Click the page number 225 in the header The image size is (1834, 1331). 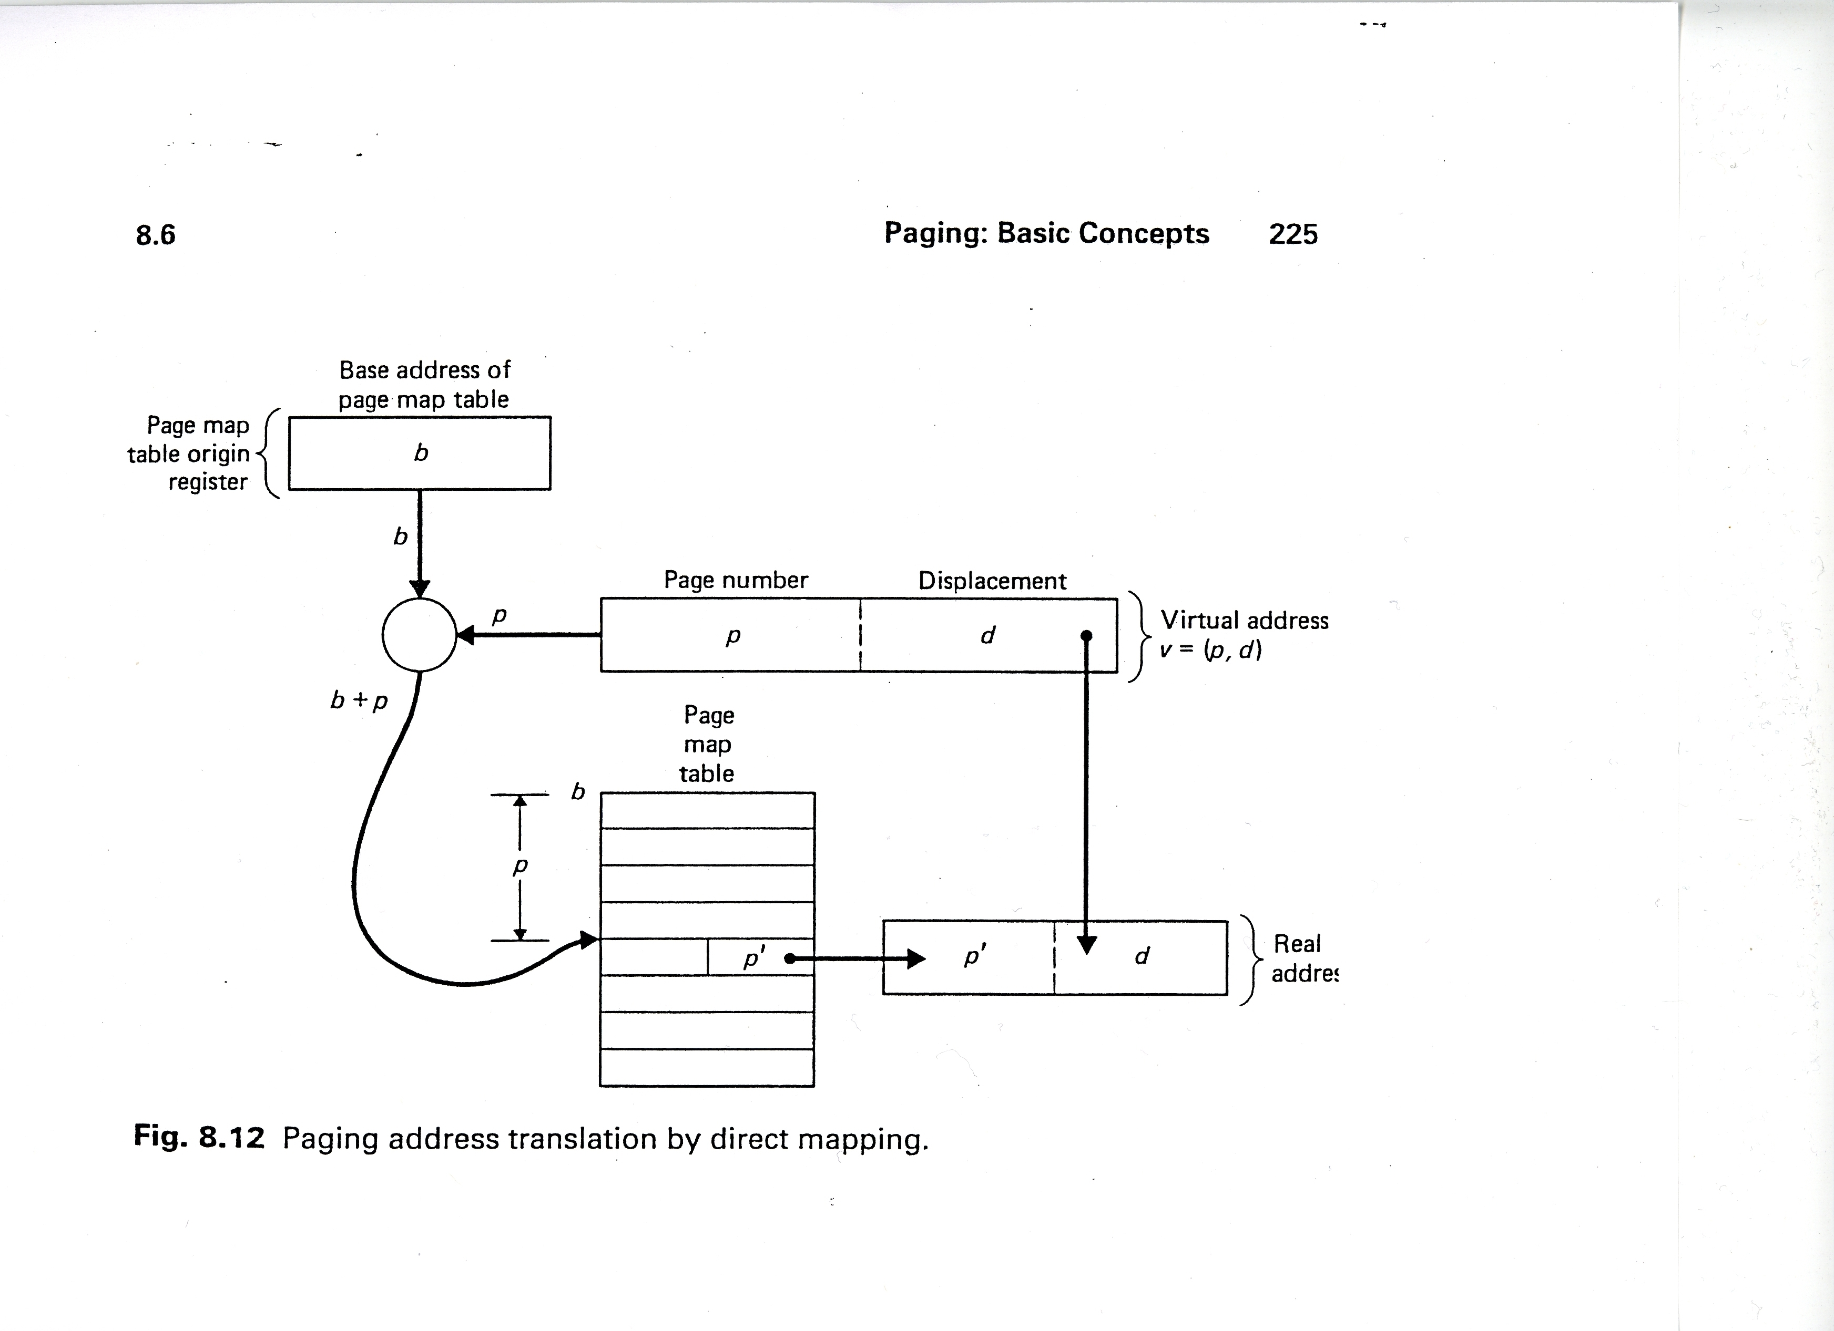pos(1292,234)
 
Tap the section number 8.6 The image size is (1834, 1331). pos(155,235)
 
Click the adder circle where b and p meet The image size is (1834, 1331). pos(419,634)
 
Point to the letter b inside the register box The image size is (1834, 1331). pos(421,452)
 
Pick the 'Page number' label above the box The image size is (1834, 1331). pos(736,580)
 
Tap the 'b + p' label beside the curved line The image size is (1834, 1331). pos(359,700)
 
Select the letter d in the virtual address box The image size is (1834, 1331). pos(987,635)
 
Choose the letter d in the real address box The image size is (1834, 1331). pos(1142,956)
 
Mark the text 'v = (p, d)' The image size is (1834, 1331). pos(1210,650)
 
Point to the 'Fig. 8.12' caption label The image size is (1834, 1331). pos(199,1137)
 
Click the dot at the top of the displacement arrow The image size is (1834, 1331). pos(1086,635)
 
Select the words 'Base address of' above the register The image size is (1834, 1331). pos(424,370)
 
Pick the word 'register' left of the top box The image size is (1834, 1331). pos(208,482)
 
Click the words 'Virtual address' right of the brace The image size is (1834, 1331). pos(1245,621)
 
